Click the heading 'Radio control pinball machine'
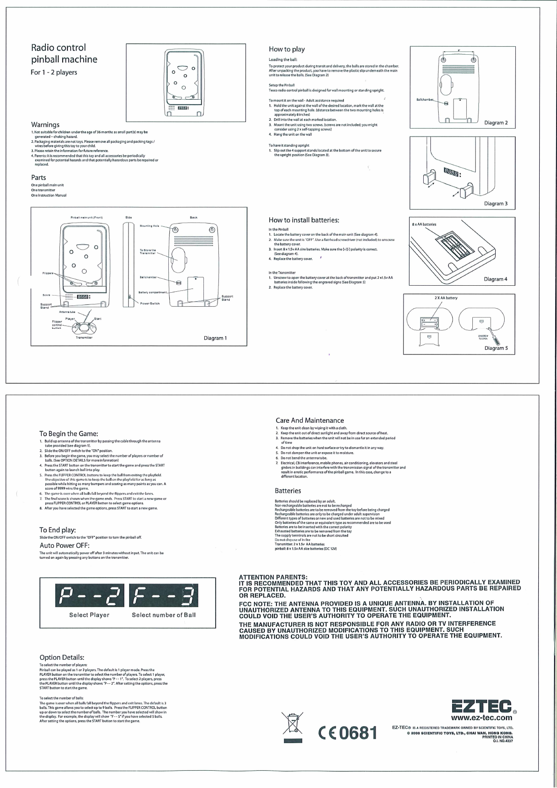pos(64,53)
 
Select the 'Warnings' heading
pos(45,124)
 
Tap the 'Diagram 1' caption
pos(215,338)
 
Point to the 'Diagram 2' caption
pos(496,123)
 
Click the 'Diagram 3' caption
pos(496,203)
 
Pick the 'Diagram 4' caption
pos(496,279)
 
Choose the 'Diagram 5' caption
pos(496,348)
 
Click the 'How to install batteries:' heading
pos(304,220)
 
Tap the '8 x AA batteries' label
pos(424,224)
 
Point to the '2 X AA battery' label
pos(446,298)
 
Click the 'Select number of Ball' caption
pos(164,615)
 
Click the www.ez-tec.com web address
pos(481,718)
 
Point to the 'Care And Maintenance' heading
pos(310,420)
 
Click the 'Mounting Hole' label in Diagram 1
pos(149,226)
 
